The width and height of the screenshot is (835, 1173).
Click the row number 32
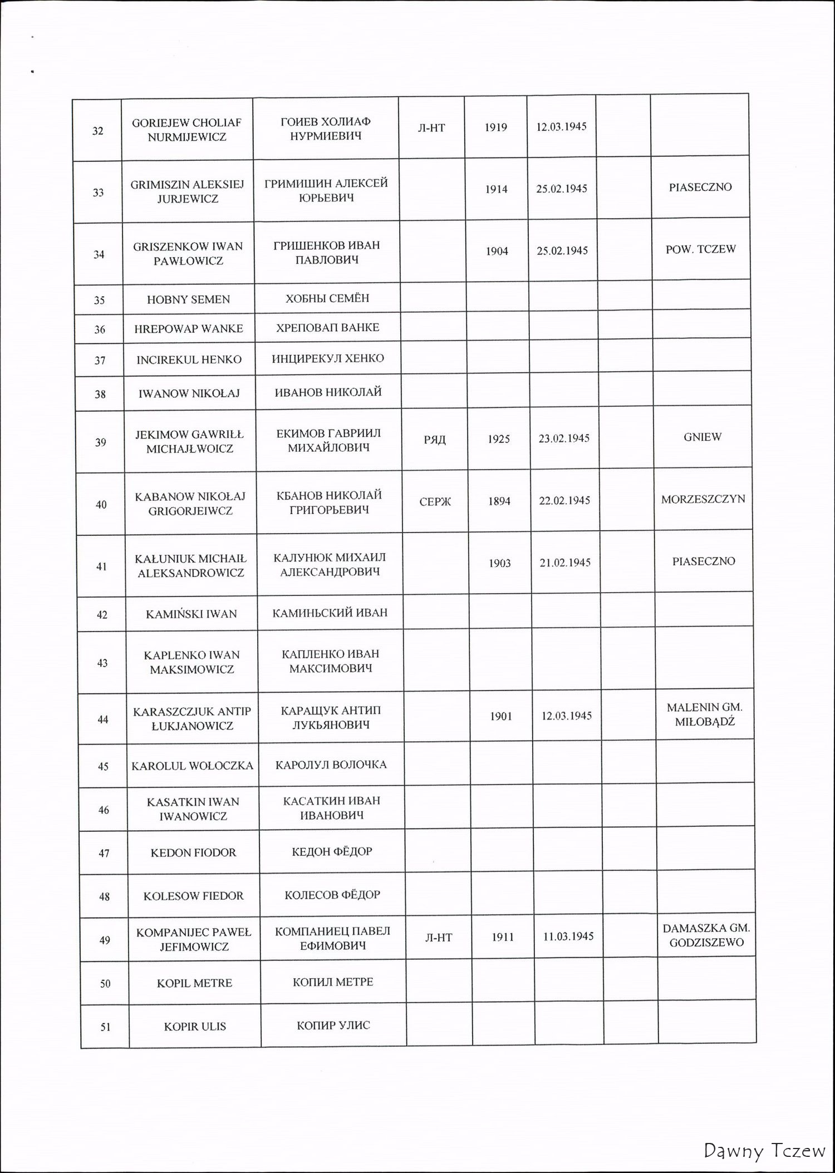(x=97, y=131)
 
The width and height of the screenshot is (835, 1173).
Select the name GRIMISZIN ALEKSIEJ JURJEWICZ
(x=187, y=191)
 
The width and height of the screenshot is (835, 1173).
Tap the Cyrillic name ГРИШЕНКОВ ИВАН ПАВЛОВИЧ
(x=327, y=253)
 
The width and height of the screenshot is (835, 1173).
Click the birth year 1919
(x=495, y=127)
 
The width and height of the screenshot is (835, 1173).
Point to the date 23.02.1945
(x=564, y=438)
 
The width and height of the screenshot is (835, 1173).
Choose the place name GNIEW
(x=703, y=437)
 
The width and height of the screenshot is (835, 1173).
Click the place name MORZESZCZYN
(x=703, y=499)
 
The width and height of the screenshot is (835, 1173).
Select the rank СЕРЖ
(x=435, y=502)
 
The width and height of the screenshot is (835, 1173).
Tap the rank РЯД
(x=435, y=440)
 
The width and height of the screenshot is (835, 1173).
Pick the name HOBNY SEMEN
(x=188, y=299)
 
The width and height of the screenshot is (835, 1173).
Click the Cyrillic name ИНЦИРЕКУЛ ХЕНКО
(x=328, y=358)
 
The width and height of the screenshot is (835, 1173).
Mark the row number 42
(x=102, y=615)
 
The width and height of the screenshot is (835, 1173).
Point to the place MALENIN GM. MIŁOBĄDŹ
(x=704, y=715)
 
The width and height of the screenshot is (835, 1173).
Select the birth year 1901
(x=500, y=717)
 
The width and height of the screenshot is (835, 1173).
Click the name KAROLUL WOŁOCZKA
(x=192, y=766)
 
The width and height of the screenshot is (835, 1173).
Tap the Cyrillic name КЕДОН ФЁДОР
(x=332, y=851)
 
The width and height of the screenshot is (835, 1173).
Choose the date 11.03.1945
(x=568, y=937)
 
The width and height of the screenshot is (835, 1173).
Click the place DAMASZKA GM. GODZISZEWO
(x=706, y=936)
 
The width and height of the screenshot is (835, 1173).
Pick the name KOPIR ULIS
(x=195, y=1027)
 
